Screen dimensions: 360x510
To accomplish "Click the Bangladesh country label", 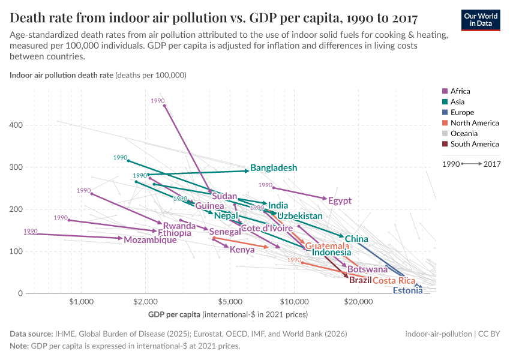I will point(274,168).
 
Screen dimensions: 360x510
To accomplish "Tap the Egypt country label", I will point(340,201).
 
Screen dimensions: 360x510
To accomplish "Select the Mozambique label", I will point(150,240).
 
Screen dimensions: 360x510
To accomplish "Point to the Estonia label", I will point(407,291).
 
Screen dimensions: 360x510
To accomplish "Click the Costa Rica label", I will point(394,281).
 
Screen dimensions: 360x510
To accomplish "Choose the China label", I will point(356,239).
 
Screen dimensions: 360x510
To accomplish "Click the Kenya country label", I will point(242,250).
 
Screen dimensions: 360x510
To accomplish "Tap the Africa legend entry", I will point(460,91).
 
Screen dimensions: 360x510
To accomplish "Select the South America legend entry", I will point(474,144).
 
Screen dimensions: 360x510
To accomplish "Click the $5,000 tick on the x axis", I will point(230,301).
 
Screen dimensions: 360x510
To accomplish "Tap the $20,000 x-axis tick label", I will point(358,301).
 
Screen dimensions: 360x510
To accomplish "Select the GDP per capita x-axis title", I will point(174,314).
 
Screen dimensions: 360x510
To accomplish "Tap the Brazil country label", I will point(360,280).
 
